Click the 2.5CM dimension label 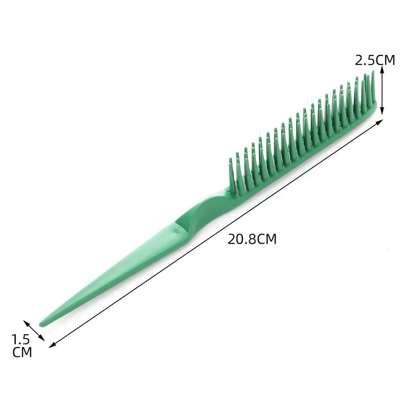(375, 60)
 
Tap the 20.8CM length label (252, 239)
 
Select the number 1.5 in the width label (21, 339)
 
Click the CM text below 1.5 (22, 352)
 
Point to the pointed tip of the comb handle (41, 324)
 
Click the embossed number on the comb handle (177, 229)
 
